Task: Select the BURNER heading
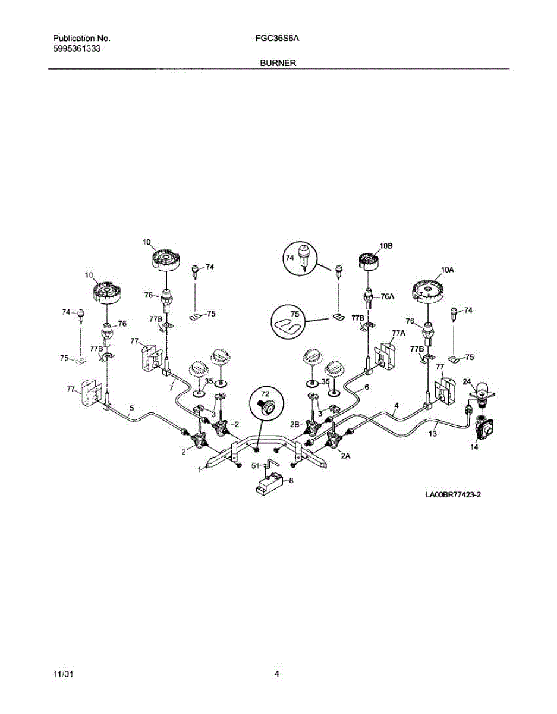coord(278,62)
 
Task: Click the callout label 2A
coord(345,455)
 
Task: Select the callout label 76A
coord(388,296)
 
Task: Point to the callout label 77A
coord(398,333)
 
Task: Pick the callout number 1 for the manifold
coord(200,469)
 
